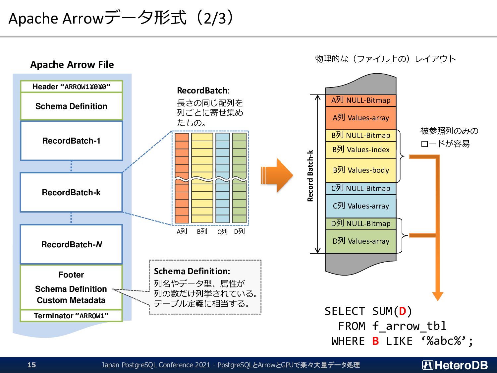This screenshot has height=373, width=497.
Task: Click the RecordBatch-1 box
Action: pyautogui.click(x=71, y=141)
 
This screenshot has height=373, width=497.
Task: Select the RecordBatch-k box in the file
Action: pyautogui.click(x=71, y=193)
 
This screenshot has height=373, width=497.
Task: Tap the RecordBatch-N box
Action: pyautogui.click(x=71, y=244)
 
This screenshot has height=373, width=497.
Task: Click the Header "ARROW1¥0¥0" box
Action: pyautogui.click(x=71, y=86)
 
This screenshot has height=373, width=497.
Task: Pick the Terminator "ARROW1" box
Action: pyautogui.click(x=71, y=316)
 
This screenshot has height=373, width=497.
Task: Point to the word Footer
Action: pyautogui.click(x=71, y=275)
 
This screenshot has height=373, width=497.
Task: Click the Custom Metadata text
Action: pyautogui.click(x=71, y=300)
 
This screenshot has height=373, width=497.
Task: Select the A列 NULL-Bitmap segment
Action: pyautogui.click(x=361, y=100)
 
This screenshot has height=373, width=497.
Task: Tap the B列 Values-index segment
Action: pyautogui.click(x=361, y=150)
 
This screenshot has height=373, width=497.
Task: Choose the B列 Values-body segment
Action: pyautogui.click(x=361, y=170)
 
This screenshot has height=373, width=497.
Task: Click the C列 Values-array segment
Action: pyautogui.click(x=361, y=206)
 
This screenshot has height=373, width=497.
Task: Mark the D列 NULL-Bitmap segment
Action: pyautogui.click(x=361, y=224)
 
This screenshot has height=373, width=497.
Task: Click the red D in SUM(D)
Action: pyautogui.click(x=402, y=311)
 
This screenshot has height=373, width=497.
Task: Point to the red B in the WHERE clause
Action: pyautogui.click(x=375, y=341)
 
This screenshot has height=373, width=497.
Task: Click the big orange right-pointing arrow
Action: pyautogui.click(x=277, y=175)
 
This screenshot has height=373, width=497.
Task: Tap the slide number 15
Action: pyautogui.click(x=32, y=365)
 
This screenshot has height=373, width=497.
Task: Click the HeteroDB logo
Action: pyautogui.click(x=455, y=365)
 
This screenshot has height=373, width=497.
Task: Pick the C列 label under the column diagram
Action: pyautogui.click(x=222, y=231)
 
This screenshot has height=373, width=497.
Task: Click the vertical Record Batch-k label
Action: pyautogui.click(x=310, y=176)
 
